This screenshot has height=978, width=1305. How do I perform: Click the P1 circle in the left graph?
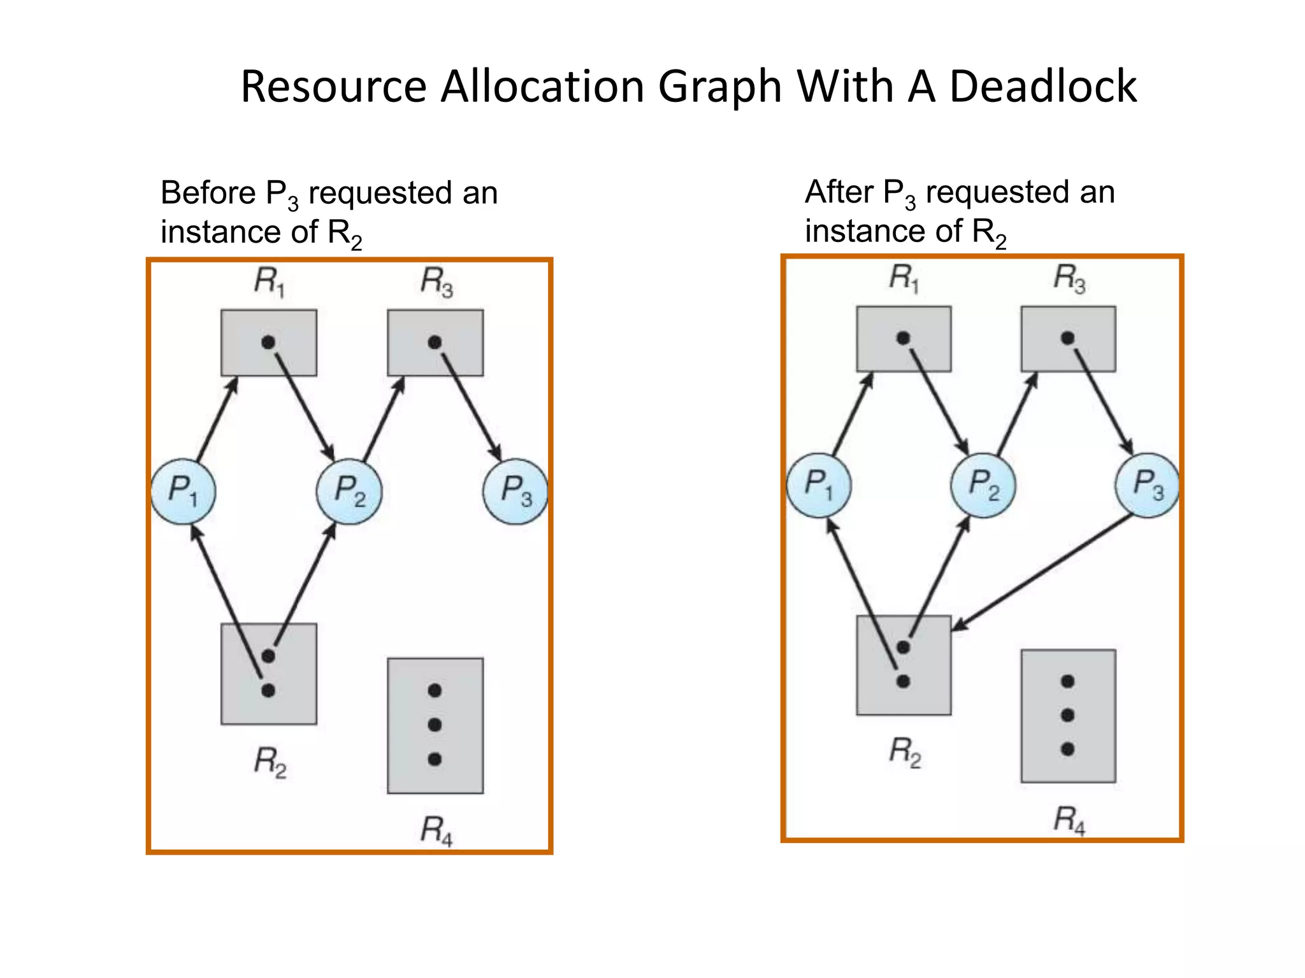[184, 491]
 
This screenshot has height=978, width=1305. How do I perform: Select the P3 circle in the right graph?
[1148, 485]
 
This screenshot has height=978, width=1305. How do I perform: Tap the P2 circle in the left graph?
[349, 491]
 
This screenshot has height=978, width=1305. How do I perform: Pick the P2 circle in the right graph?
[983, 485]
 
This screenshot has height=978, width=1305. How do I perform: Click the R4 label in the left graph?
[436, 831]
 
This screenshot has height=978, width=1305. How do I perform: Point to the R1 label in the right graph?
[904, 278]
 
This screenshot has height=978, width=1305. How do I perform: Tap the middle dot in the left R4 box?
[435, 725]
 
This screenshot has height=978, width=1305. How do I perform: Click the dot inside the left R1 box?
[268, 343]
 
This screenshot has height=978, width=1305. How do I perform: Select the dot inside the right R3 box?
[1068, 338]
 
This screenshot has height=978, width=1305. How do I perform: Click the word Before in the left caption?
[208, 192]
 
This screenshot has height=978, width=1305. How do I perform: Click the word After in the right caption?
[839, 192]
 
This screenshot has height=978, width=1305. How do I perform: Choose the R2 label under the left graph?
[270, 762]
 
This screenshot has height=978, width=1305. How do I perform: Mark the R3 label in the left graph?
[436, 281]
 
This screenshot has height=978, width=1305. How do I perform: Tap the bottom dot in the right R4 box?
[1068, 749]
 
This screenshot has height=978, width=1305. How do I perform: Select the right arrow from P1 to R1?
[852, 415]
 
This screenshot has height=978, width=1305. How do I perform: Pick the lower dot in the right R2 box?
[903, 681]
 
